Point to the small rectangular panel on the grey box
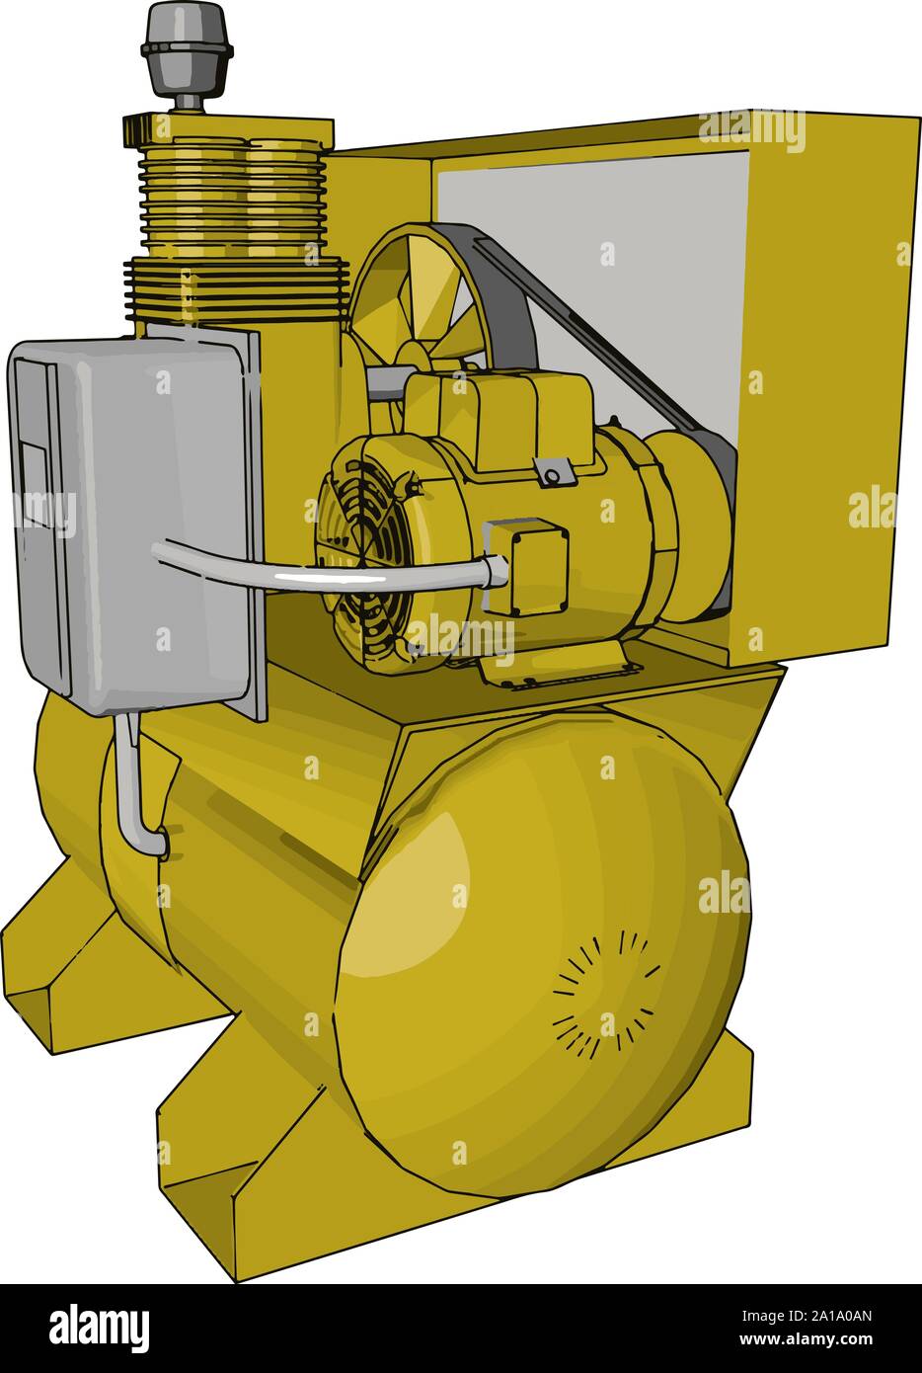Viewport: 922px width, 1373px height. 35,484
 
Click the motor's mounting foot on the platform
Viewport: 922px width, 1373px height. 553,666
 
